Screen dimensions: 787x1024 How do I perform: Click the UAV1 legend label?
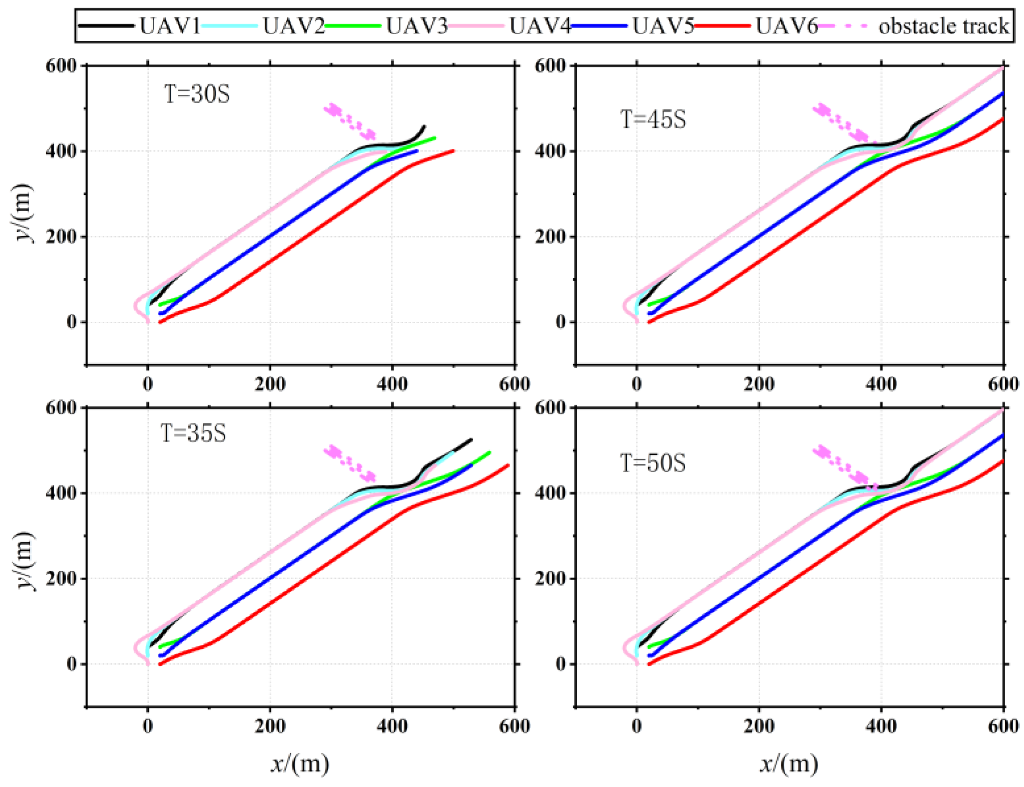[169, 26]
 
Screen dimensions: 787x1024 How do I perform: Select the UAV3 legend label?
[417, 26]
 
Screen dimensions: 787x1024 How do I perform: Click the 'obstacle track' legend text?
[943, 26]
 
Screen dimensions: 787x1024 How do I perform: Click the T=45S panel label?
[653, 119]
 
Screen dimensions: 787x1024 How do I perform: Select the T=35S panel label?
[193, 433]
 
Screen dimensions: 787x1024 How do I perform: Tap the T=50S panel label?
[653, 463]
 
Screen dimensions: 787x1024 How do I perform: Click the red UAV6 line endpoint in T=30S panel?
[453, 151]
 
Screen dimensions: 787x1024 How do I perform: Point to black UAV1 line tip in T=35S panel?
[471, 439]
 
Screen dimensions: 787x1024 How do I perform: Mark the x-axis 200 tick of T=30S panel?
[270, 384]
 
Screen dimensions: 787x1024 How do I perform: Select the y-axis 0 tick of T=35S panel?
[71, 664]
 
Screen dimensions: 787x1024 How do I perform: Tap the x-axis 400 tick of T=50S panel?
[881, 726]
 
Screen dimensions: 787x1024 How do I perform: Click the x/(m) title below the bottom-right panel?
[789, 764]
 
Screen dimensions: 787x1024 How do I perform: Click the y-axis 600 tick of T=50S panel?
[550, 408]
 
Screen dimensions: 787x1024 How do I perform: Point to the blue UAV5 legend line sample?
[599, 26]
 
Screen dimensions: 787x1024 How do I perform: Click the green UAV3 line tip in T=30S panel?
[435, 138]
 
